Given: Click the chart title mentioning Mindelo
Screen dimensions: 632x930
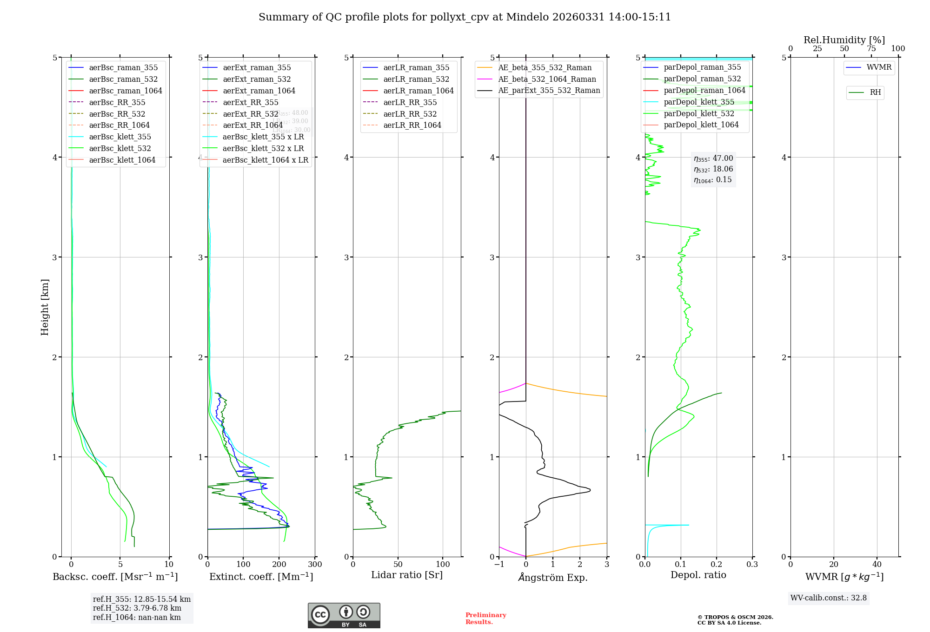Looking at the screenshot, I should click(x=465, y=17).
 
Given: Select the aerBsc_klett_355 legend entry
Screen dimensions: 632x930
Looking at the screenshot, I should click(x=120, y=137).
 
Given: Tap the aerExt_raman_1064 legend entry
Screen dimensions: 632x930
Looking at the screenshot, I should click(x=259, y=91).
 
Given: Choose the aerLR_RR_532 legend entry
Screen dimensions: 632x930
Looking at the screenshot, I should click(x=410, y=114).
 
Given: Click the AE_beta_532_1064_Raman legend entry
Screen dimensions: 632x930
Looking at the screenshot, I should click(x=547, y=79).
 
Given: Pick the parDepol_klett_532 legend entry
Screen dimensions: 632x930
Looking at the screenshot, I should click(x=698, y=113).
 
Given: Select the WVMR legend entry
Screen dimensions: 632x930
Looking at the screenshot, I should click(x=879, y=67).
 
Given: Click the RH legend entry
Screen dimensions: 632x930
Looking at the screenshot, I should click(x=875, y=92).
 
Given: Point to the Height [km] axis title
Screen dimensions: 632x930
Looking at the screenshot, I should click(x=45, y=307).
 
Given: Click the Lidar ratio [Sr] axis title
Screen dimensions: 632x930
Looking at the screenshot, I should click(x=407, y=575).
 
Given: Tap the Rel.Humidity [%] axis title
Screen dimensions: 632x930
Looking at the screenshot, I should click(x=844, y=40).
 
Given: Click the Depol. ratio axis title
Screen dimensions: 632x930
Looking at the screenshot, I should click(x=698, y=575).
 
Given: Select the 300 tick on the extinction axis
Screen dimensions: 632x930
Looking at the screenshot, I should click(x=315, y=565).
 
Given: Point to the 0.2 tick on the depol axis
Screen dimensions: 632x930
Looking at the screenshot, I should click(x=717, y=565).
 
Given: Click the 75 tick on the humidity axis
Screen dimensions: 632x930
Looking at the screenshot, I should click(x=871, y=49).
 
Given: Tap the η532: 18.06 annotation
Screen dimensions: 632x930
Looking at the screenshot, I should click(x=713, y=169).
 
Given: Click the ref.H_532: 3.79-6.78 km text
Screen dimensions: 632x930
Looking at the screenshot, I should click(x=137, y=608).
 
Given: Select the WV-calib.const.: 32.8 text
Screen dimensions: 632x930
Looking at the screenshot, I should click(x=828, y=598).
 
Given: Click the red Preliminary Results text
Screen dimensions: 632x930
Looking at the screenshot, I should click(x=485, y=619).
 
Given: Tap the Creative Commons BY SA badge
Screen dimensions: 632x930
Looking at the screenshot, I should click(x=344, y=615).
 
